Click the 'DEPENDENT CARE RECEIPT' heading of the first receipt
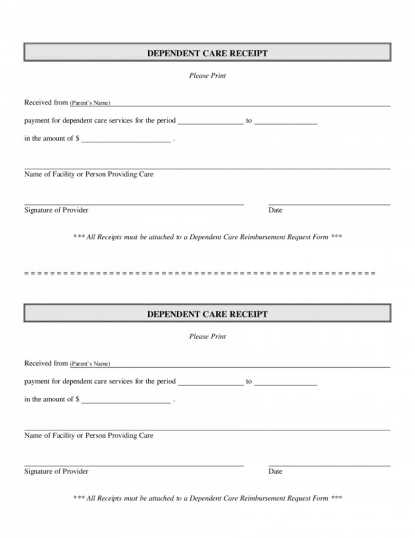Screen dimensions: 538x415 click(207, 54)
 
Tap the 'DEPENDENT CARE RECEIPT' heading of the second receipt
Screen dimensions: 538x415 click(207, 314)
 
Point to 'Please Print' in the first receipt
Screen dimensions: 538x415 click(207, 76)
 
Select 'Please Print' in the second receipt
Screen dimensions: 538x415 click(207, 336)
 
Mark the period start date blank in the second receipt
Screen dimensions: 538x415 click(211, 382)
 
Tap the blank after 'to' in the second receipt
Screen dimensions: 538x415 click(285, 382)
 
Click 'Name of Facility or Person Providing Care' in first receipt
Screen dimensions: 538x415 click(89, 175)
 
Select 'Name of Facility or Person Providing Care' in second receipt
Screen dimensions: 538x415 click(89, 435)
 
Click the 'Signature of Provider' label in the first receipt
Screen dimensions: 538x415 click(56, 210)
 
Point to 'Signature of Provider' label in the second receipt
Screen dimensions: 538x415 click(56, 471)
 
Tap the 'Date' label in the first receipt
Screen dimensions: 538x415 click(275, 210)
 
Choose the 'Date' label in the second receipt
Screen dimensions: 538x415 click(275, 471)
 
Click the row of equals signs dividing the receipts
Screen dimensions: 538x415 click(200, 273)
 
